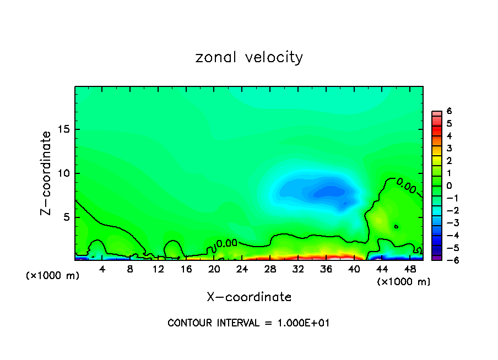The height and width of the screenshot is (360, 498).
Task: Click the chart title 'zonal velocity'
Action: pos(249,57)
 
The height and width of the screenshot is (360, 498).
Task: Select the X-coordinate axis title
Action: pos(249,297)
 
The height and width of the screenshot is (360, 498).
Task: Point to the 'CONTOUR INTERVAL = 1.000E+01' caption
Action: pos(248,323)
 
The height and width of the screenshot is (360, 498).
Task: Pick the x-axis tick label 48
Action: pos(410,269)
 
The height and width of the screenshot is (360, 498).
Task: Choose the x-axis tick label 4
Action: pos(102,269)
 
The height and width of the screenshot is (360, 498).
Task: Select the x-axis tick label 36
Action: pos(326,269)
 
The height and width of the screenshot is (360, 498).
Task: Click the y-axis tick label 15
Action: pos(64,129)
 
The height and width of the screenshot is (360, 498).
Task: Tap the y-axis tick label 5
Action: pos(67,217)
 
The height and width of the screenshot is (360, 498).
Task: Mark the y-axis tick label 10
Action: pos(64,173)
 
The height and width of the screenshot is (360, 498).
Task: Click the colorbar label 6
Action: pos(449,111)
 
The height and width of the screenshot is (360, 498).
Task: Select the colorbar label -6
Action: pos(447,260)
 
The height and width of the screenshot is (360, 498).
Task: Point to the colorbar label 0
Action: pos(449,186)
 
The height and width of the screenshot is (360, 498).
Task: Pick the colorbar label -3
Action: pos(447,222)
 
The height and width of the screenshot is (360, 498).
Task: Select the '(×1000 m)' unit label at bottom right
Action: pos(403,282)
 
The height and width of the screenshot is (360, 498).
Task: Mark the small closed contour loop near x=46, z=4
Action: pos(396,226)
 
